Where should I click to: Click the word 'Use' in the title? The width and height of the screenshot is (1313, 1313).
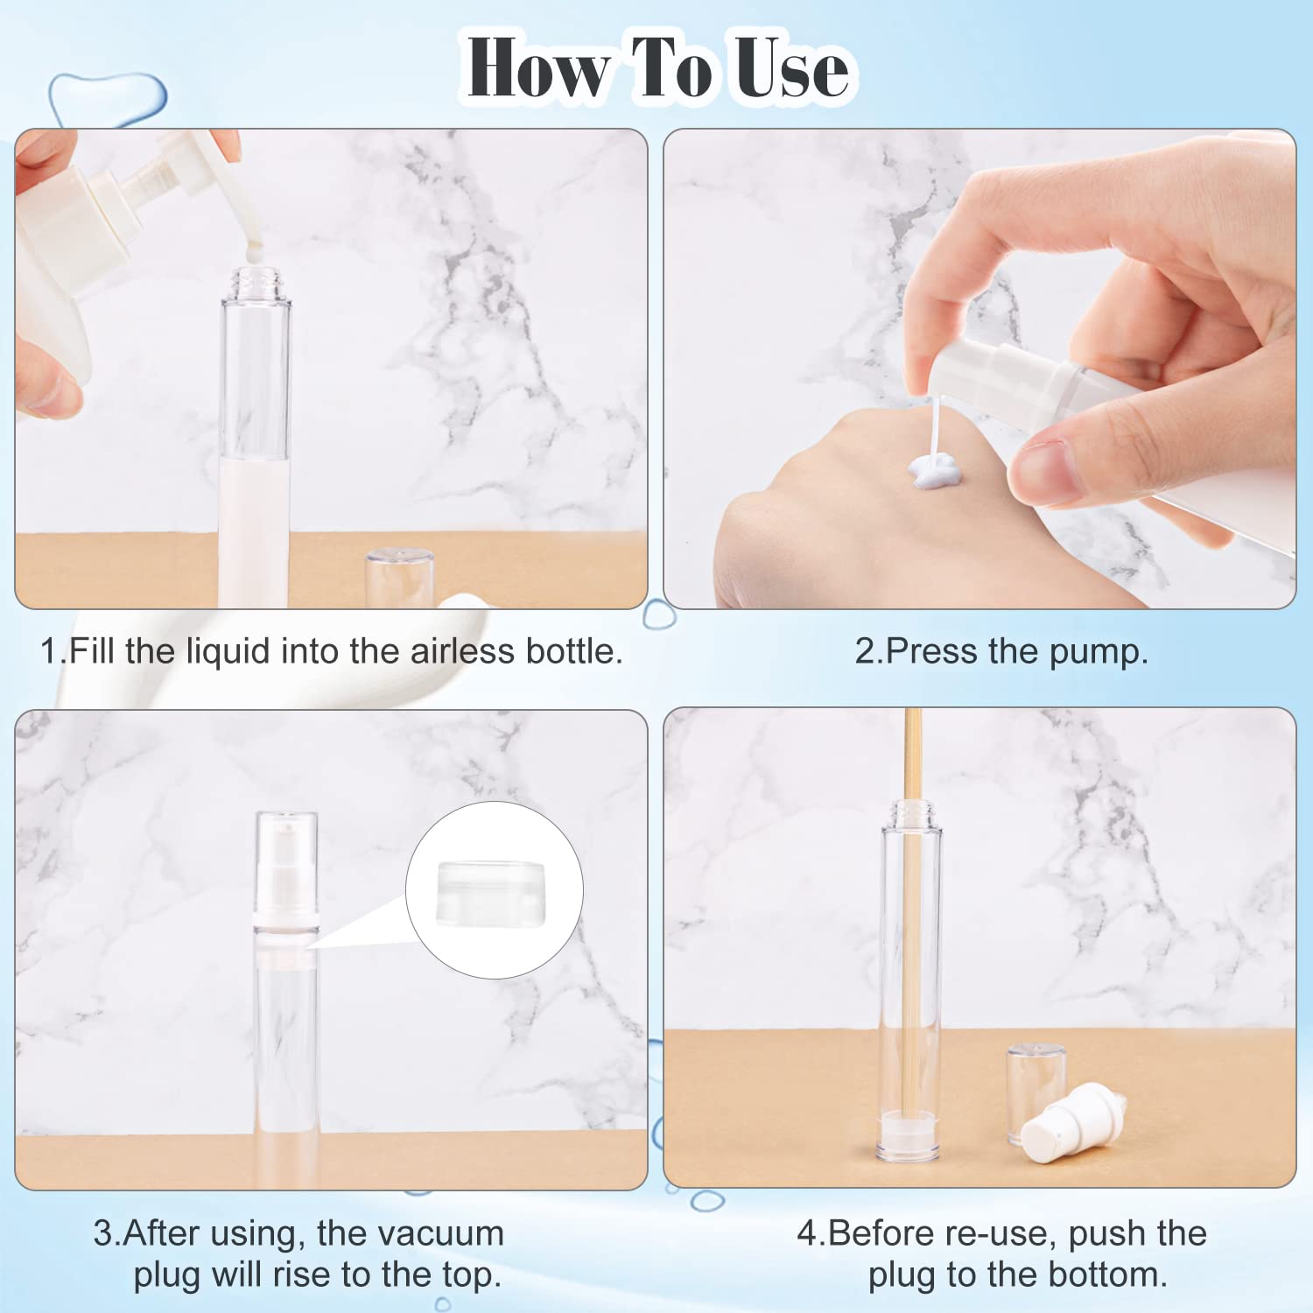[791, 68]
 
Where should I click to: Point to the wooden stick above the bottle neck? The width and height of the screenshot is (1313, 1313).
[913, 753]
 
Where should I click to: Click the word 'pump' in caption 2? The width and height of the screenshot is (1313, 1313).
[1098, 651]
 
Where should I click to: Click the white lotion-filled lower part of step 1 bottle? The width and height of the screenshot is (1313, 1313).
[255, 525]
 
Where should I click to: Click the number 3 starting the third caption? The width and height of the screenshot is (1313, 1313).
[102, 1233]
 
